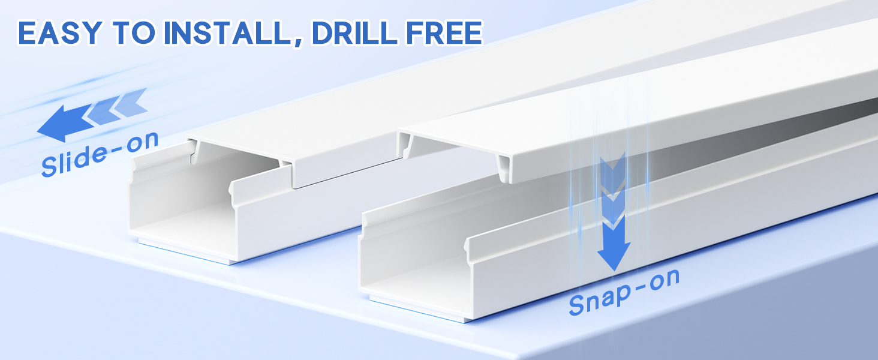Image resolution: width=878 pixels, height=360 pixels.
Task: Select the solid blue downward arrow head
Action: [614, 256]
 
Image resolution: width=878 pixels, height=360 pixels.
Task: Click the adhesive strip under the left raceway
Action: [180, 250]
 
